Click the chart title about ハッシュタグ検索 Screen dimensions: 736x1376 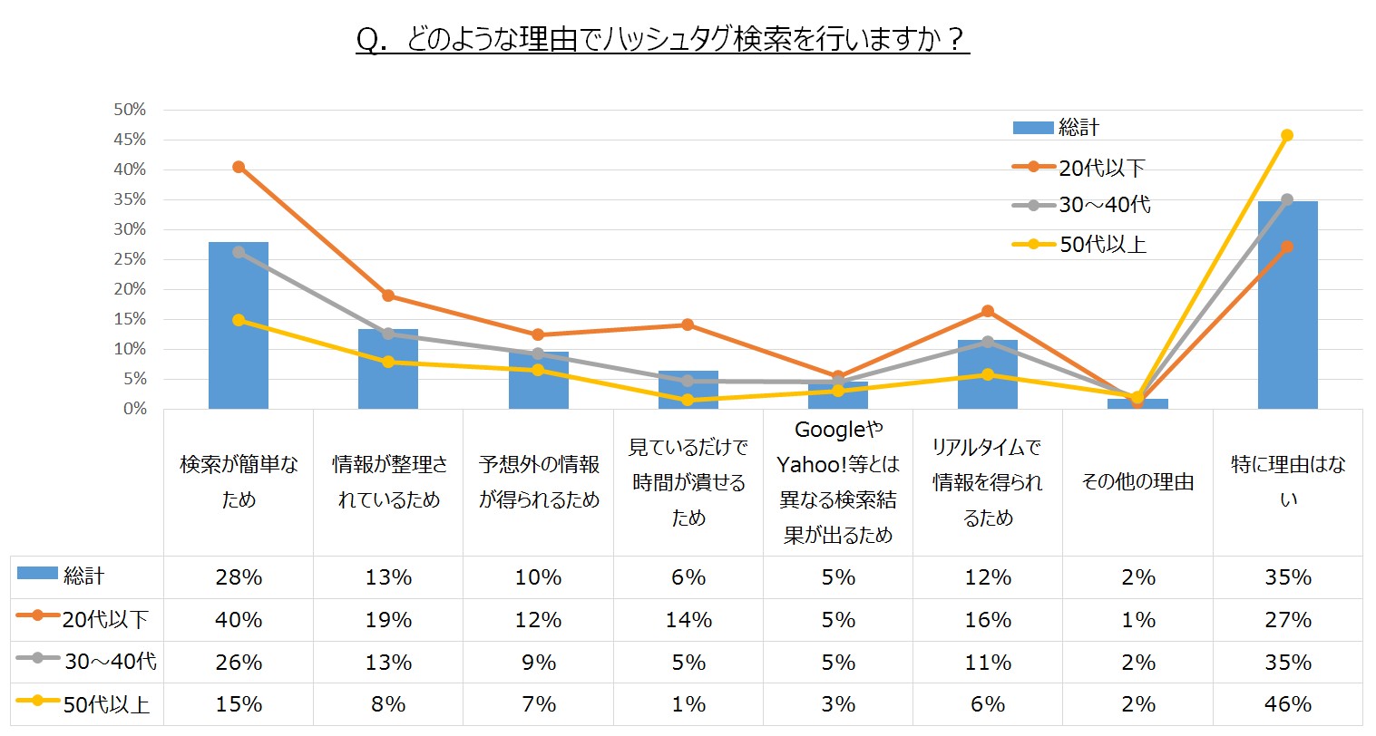[662, 41]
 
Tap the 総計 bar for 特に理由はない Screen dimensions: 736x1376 [1287, 305]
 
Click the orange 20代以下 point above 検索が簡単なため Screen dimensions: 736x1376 [239, 167]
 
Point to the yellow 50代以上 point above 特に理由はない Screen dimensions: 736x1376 [1287, 135]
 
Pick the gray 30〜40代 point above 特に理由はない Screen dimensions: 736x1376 [1287, 199]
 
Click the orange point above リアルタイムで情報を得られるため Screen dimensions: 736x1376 [988, 311]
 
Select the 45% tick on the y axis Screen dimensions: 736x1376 [129, 140]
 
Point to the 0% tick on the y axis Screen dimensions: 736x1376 [134, 409]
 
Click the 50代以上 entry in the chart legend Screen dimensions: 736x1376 [1102, 244]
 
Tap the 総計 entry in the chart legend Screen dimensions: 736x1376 [1078, 128]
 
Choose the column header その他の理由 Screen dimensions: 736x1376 [1137, 482]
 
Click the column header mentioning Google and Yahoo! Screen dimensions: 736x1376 [838, 482]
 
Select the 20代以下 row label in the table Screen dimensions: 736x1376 [104, 620]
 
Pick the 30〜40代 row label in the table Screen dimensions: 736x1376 [110, 662]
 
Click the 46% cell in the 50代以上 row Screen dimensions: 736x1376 [1288, 704]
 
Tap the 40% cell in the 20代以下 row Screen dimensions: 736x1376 [239, 620]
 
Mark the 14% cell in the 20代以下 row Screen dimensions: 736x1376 [688, 620]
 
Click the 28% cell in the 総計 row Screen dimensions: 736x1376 [239, 577]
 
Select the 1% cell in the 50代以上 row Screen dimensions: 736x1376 [688, 704]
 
